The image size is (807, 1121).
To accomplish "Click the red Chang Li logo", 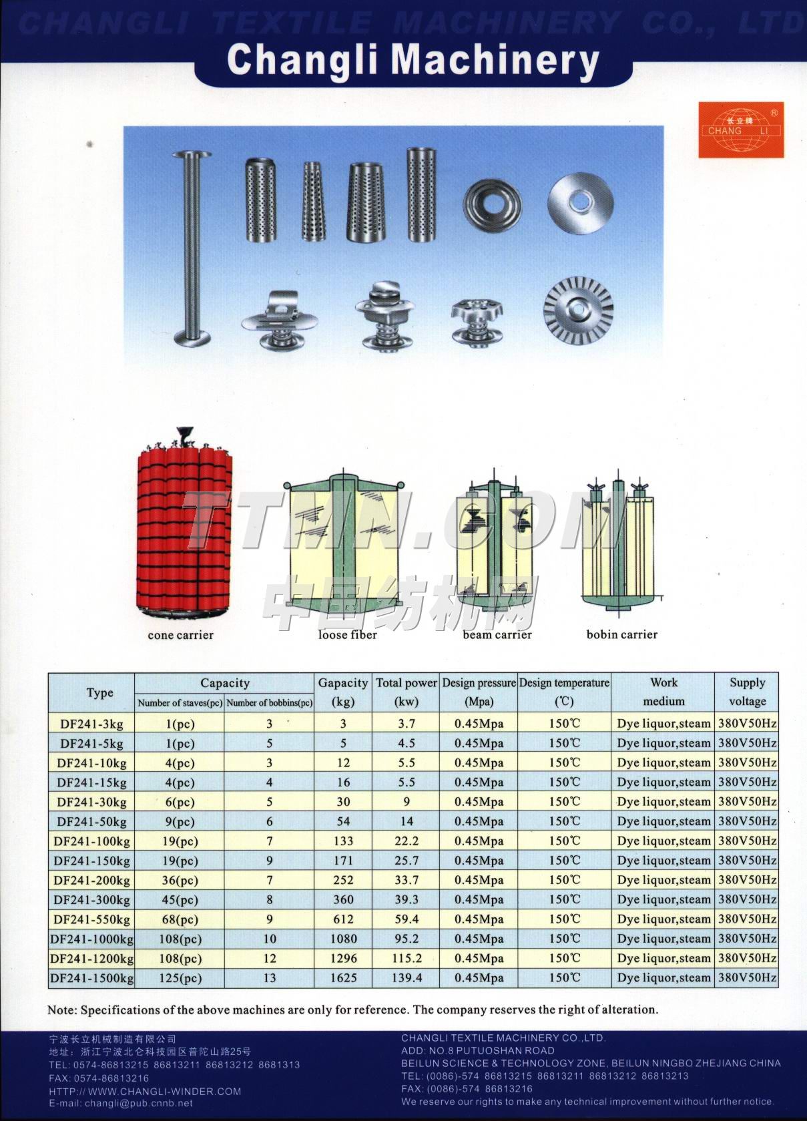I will tap(741, 130).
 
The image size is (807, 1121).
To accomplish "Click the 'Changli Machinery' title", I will tap(413, 61).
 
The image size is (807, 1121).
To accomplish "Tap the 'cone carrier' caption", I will tap(180, 635).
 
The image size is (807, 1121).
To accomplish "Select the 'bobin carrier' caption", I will tap(621, 634).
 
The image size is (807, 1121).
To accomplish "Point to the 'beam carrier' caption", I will tap(497, 634).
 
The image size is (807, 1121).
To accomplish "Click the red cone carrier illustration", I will tap(184, 527).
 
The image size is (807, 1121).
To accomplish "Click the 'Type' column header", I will tap(99, 692).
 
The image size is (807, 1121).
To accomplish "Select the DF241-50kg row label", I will tap(91, 822).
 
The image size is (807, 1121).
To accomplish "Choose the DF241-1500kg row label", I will tap(91, 978).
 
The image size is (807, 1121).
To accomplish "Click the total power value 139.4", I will tap(406, 978).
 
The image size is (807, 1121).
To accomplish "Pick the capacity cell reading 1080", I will tap(343, 939).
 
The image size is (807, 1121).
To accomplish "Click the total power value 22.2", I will tap(406, 841).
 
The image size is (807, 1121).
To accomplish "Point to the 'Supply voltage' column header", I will tap(747, 692).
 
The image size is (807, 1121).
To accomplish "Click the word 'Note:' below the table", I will tap(62, 1010).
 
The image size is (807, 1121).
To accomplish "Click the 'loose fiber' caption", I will tap(347, 634).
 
